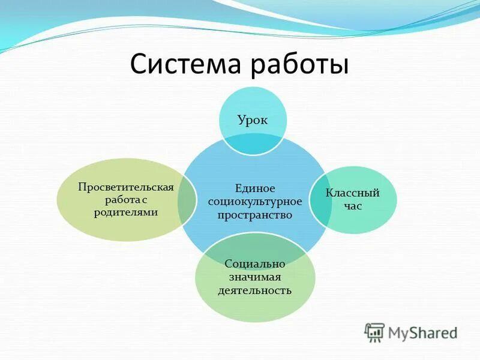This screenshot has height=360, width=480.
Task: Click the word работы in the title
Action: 299,64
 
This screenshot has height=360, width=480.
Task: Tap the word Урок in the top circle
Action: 252,119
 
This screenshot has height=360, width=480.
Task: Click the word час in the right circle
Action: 352,206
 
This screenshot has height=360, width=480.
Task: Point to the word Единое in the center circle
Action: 250,188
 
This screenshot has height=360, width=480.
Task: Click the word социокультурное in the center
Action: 250,202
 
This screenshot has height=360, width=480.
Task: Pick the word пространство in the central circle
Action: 250,215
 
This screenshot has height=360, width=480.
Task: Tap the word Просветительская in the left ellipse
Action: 126,186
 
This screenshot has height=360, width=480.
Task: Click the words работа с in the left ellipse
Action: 126,199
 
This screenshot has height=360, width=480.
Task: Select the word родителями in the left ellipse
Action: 126,212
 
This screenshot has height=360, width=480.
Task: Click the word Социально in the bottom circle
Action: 254,264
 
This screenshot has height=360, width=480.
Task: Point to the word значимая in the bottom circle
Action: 254,277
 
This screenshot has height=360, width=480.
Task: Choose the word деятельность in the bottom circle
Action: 254,290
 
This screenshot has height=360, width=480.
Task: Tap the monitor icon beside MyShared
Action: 374,332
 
